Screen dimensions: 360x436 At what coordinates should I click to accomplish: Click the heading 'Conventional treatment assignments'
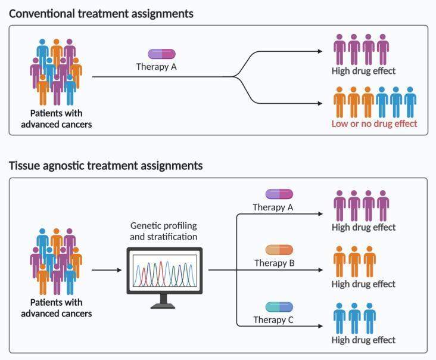pyautogui.click(x=101, y=13)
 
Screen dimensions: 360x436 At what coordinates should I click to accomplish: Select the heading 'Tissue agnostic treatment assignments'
pyautogui.click(x=105, y=166)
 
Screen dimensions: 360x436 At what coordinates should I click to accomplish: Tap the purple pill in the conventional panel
pyautogui.click(x=161, y=54)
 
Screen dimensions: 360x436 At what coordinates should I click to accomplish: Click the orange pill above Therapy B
pyautogui.click(x=279, y=250)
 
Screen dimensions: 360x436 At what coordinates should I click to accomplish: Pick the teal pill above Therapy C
pyautogui.click(x=279, y=306)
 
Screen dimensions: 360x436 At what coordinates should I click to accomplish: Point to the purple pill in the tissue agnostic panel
pyautogui.click(x=279, y=194)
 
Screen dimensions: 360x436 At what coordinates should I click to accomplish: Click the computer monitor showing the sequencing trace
pyautogui.click(x=164, y=271)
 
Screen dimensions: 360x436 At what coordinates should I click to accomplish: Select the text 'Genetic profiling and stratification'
pyautogui.click(x=164, y=230)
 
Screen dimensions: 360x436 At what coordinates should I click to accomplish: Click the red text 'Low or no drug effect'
pyautogui.click(x=375, y=123)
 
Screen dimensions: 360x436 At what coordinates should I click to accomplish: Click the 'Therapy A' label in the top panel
pyautogui.click(x=157, y=67)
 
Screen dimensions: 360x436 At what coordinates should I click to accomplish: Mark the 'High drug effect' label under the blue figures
pyautogui.click(x=363, y=340)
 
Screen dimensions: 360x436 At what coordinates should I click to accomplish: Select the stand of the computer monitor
pyautogui.click(x=164, y=302)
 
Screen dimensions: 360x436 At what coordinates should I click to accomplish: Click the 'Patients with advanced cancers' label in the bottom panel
pyautogui.click(x=57, y=308)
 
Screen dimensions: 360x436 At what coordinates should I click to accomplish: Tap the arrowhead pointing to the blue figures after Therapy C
pyautogui.click(x=323, y=326)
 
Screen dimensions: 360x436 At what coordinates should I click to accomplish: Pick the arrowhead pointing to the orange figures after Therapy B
pyautogui.click(x=323, y=270)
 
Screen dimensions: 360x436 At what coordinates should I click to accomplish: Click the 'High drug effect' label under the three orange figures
pyautogui.click(x=363, y=284)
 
